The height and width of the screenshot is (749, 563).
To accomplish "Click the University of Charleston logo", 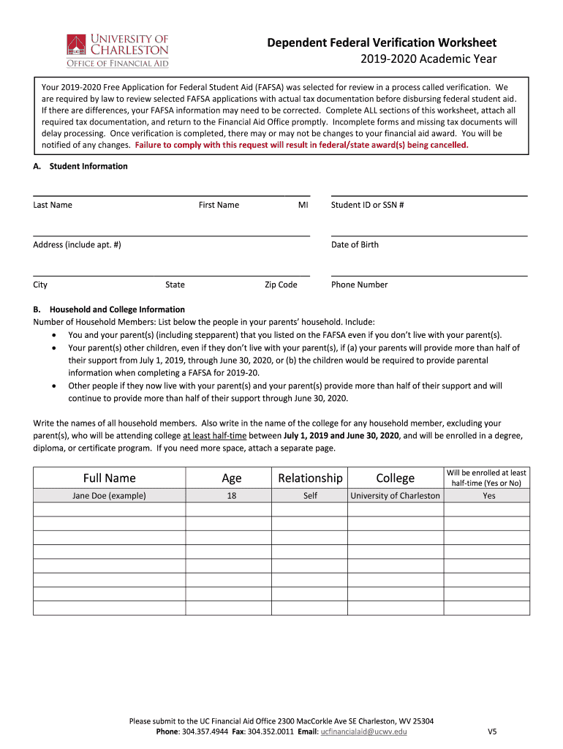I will [x=117, y=50].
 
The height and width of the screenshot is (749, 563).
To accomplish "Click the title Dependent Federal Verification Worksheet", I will [x=382, y=42].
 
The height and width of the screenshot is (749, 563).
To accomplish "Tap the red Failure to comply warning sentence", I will [x=301, y=145].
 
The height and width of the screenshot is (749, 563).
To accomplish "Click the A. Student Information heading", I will [x=80, y=166].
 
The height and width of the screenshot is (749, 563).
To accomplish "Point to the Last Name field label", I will [x=53, y=205].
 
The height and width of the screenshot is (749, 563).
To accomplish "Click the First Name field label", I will [x=219, y=205].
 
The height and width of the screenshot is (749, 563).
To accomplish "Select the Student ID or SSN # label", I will [x=368, y=205].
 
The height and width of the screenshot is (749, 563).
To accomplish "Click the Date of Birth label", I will [x=355, y=245].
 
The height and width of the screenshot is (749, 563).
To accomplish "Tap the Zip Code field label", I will [x=281, y=285].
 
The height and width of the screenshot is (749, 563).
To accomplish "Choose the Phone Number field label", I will [x=359, y=285].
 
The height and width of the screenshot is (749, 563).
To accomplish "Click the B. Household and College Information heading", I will [x=109, y=309].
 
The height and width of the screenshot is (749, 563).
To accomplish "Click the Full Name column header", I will [x=109, y=478].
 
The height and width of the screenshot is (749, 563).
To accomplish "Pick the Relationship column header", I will [x=310, y=478].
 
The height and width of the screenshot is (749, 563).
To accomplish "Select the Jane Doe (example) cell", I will [x=109, y=496].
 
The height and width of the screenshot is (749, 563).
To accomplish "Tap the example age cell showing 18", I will [x=231, y=496].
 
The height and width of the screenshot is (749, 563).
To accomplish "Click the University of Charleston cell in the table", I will [x=396, y=496].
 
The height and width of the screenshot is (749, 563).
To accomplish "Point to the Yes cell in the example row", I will [x=488, y=496].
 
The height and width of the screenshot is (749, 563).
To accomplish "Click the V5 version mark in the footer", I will [x=492, y=731].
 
